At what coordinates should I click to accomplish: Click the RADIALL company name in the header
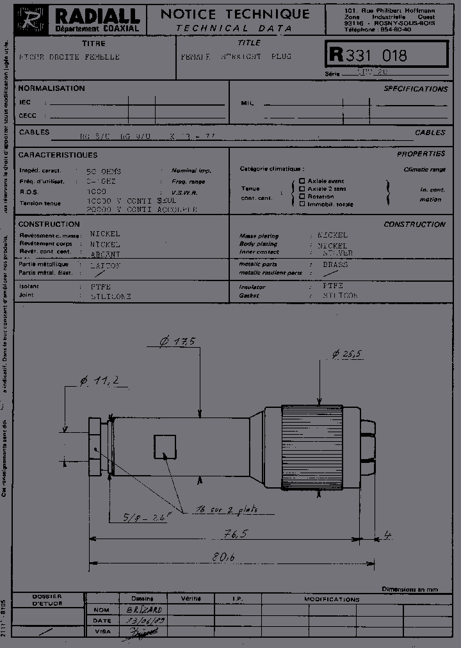[x=97, y=16]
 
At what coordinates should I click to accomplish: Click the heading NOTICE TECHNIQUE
[x=234, y=14]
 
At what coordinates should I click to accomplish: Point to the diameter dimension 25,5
[x=348, y=353]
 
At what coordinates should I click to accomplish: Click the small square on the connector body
[x=165, y=446]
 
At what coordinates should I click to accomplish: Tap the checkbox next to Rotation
[x=302, y=197]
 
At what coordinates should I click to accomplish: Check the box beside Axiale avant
[x=302, y=181]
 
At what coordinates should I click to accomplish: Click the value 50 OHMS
[x=104, y=172]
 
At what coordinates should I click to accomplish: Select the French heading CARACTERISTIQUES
[x=58, y=155]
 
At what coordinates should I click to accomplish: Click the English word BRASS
[x=335, y=264]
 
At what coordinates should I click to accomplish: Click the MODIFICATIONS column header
[x=332, y=599]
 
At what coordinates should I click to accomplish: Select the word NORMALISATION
[x=51, y=88]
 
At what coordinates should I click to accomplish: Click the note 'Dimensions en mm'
[x=410, y=589]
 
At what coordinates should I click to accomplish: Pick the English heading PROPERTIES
[x=421, y=154]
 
